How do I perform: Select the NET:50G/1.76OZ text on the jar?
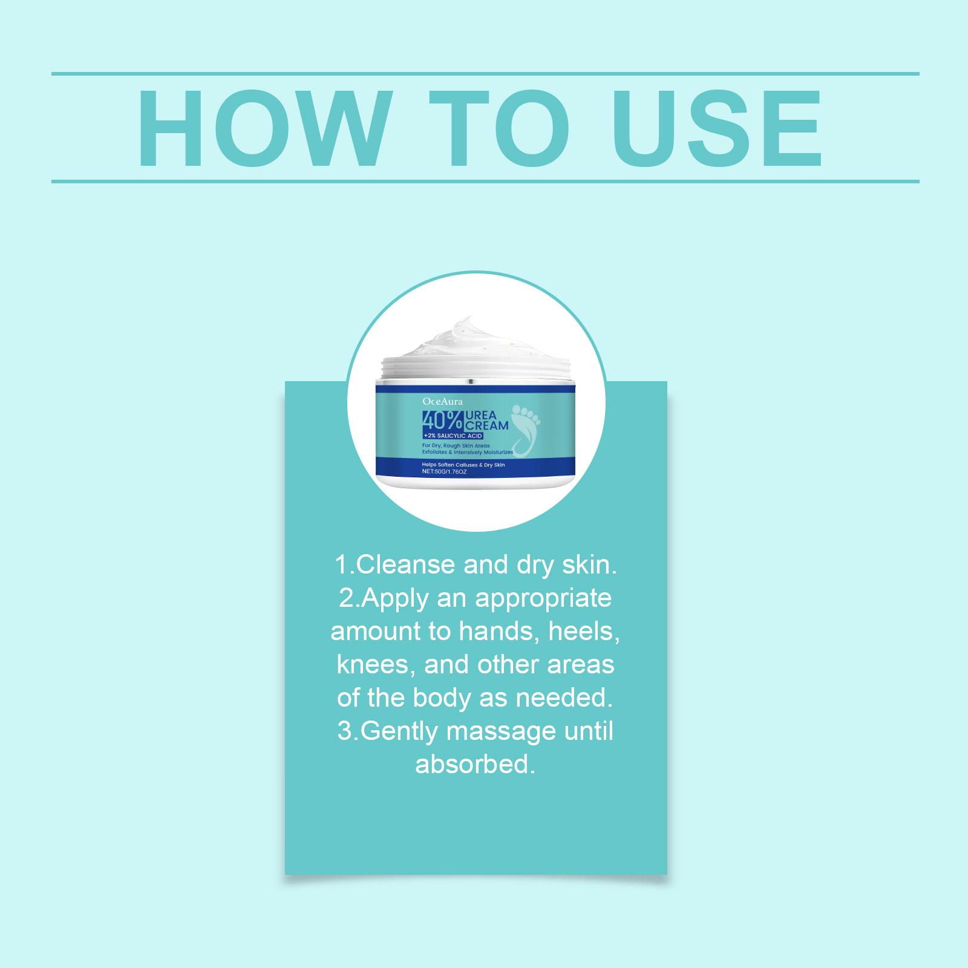click(445, 471)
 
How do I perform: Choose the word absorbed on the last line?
click(476, 765)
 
